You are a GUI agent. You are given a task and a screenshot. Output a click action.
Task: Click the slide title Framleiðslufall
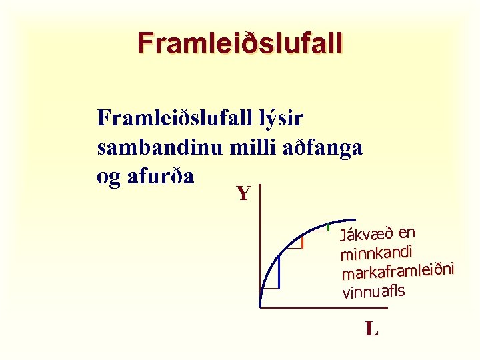coord(239,43)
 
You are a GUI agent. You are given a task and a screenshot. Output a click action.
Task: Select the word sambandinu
coord(159,147)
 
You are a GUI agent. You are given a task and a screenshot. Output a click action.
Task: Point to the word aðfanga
coord(321,147)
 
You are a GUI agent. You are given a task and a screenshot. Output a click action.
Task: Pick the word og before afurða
coord(109,177)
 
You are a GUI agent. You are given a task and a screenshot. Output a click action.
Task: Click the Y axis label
coord(243,194)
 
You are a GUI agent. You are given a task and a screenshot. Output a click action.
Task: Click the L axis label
coord(371,329)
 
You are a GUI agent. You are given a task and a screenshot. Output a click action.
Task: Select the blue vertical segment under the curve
coord(278,273)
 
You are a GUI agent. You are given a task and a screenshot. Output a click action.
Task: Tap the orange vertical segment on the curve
coord(303,242)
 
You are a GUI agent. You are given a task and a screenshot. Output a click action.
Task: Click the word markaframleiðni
coord(397,271)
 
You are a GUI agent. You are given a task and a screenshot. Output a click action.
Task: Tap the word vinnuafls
coord(373,291)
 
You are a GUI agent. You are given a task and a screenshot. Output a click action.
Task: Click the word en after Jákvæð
coord(407,231)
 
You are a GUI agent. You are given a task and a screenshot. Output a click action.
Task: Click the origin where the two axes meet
coord(259,308)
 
